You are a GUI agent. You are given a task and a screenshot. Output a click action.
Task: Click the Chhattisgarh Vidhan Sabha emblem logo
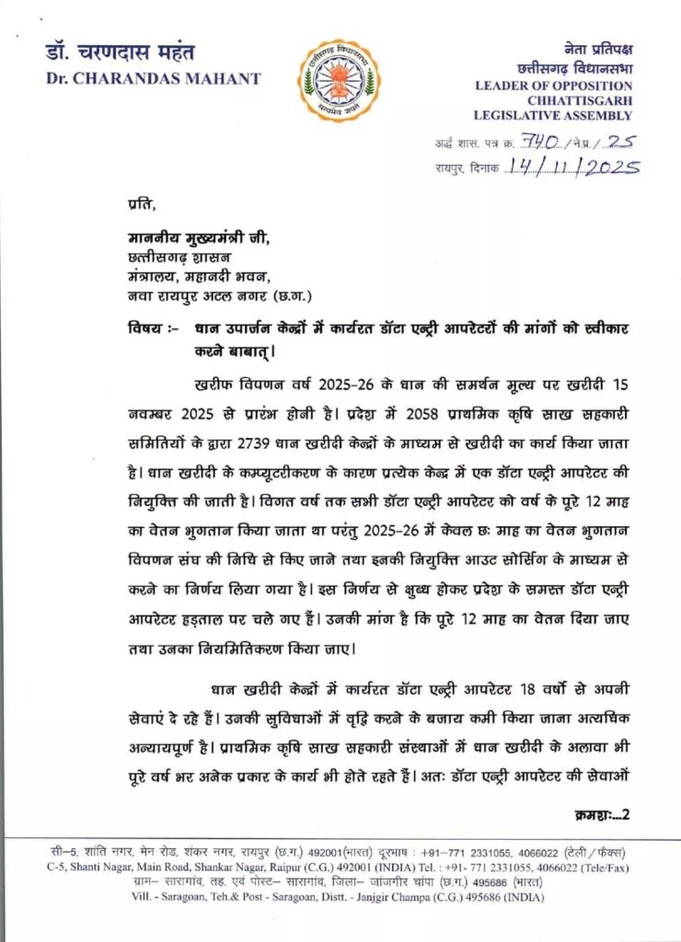pyautogui.click(x=338, y=81)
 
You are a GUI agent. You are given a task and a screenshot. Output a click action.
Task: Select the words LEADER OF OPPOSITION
pyautogui.click(x=554, y=85)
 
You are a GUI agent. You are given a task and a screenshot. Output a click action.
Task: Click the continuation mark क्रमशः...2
pyautogui.click(x=598, y=813)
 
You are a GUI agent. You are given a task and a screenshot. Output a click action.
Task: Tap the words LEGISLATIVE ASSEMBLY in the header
pyautogui.click(x=552, y=116)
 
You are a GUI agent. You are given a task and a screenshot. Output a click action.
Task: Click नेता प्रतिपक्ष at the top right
pyautogui.click(x=597, y=49)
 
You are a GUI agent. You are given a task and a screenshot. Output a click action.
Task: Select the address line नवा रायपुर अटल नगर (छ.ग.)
pyautogui.click(x=219, y=295)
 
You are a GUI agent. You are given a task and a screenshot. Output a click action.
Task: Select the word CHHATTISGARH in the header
pyautogui.click(x=579, y=100)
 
